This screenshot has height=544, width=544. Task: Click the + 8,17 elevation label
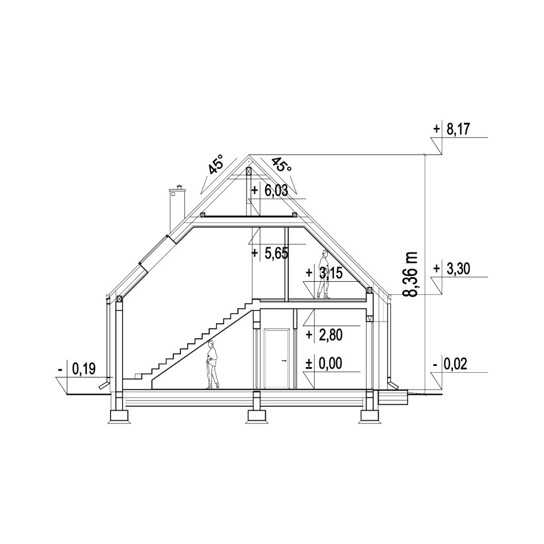click(451, 129)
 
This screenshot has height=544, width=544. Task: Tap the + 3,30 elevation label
click(451, 269)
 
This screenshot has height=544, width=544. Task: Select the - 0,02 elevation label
click(450, 364)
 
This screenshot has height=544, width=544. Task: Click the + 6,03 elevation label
click(270, 191)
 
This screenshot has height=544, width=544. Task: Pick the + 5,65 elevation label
click(270, 253)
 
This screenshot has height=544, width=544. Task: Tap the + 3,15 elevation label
click(324, 273)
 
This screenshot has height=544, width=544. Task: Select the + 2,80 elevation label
click(324, 335)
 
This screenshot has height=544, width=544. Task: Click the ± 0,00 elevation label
click(324, 364)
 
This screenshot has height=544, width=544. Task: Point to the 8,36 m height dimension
click(410, 274)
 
